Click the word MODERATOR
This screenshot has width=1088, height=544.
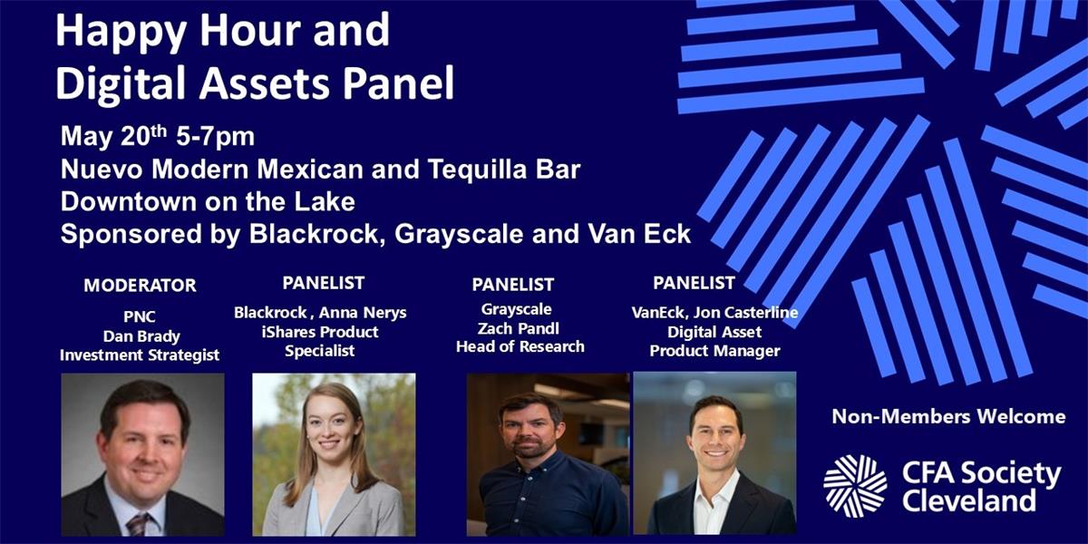[140, 285]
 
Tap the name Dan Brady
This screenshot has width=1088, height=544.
[141, 336]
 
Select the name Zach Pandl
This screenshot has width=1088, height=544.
[519, 329]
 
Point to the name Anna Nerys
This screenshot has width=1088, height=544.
[364, 313]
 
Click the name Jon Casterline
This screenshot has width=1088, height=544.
[745, 312]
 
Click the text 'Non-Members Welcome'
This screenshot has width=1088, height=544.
[948, 417]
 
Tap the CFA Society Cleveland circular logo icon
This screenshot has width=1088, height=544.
[855, 486]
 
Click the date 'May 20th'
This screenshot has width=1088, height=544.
[113, 136]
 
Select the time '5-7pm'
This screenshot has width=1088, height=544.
[215, 138]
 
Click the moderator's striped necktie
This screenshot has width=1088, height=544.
[138, 525]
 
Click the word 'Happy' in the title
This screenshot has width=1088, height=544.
[121, 32]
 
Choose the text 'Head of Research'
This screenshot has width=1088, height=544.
[520, 346]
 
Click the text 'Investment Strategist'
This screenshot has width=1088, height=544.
[140, 355]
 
